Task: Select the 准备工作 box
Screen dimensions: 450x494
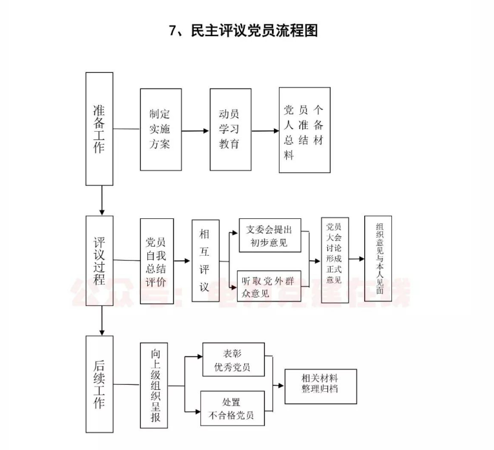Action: click(x=99, y=128)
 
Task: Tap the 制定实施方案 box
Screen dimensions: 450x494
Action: click(x=161, y=129)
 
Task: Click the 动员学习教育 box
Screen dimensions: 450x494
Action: click(x=230, y=129)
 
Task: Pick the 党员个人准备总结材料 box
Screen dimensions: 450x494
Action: click(x=304, y=130)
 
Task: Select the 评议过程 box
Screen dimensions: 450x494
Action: click(x=99, y=260)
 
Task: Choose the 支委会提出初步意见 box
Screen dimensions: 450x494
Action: click(x=270, y=236)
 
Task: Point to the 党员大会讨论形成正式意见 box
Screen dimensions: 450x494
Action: click(x=334, y=260)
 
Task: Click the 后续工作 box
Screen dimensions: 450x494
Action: click(x=99, y=384)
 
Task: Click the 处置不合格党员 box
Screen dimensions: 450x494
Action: click(x=232, y=408)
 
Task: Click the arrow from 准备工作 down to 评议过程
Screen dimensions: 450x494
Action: click(x=101, y=200)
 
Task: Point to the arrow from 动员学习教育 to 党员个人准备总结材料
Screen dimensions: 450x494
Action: click(x=265, y=131)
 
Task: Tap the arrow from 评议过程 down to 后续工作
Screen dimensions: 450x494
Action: click(x=101, y=320)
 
